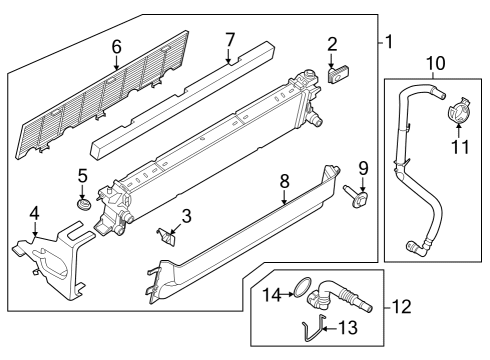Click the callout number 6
[x=117, y=46]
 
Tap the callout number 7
[x=229, y=39]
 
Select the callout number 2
[x=332, y=43]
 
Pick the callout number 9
[x=362, y=166]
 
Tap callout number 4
[x=34, y=212]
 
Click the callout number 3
[x=186, y=217]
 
